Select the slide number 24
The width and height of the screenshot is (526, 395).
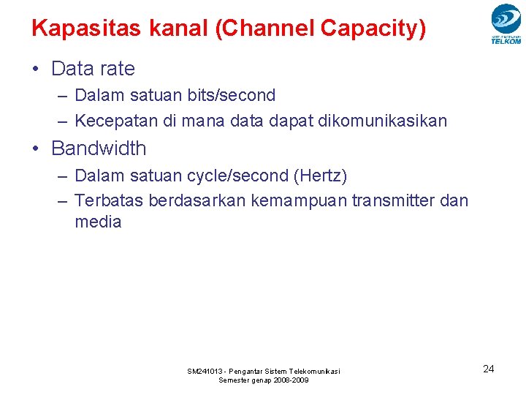point(489,369)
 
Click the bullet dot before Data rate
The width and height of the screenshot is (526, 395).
point(35,69)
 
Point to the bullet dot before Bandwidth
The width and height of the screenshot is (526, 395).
point(35,149)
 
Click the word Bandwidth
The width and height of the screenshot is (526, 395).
point(99,148)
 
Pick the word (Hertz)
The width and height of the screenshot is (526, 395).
point(320,176)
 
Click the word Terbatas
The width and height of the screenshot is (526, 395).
point(109,200)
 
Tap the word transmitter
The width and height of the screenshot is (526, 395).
point(395,200)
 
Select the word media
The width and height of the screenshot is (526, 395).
point(98,222)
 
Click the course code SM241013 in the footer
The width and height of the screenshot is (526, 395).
point(206,372)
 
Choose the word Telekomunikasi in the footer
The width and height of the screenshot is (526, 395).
point(314,372)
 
